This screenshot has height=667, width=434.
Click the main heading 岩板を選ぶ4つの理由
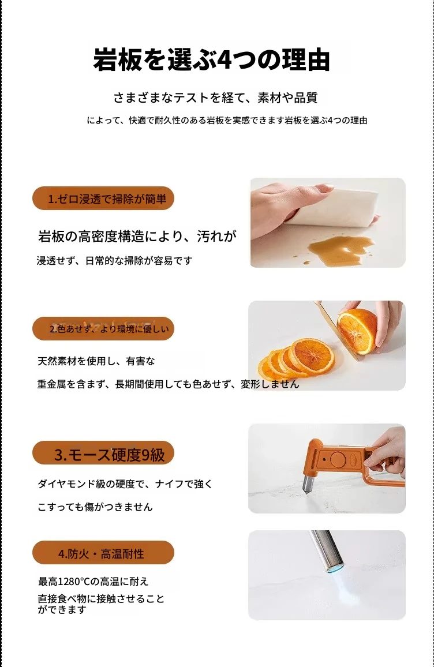(211, 59)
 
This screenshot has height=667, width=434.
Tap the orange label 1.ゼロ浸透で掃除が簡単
(103, 198)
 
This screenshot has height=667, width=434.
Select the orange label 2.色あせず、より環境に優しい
(103, 329)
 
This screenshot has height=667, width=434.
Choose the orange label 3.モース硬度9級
(103, 454)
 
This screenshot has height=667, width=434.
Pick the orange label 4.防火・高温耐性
(103, 553)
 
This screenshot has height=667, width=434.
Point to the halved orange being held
(357, 331)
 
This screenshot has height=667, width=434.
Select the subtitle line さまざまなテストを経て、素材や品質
(215, 98)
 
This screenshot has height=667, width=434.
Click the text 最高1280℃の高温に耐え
(93, 581)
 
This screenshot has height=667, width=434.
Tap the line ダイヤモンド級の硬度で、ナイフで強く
(125, 484)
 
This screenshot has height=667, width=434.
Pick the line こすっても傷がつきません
(95, 507)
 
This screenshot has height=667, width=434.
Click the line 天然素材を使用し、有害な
(96, 361)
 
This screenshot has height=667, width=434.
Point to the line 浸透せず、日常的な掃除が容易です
(115, 260)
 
